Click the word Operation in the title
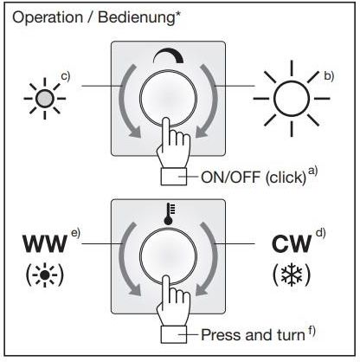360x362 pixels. [x=48, y=18]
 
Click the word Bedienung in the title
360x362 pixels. [x=137, y=18]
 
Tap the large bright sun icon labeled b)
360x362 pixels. [x=292, y=99]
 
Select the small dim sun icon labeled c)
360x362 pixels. [x=45, y=99]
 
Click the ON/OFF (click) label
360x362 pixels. [x=254, y=177]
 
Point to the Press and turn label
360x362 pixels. [x=253, y=335]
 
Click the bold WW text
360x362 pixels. [x=45, y=244]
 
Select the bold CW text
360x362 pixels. [x=292, y=244]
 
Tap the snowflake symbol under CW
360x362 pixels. [x=292, y=275]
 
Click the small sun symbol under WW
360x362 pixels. [x=45, y=275]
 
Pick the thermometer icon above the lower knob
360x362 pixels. [x=170, y=214]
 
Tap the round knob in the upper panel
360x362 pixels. [x=168, y=99]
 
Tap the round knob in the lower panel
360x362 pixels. [x=168, y=256]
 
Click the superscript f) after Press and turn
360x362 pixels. [x=312, y=331]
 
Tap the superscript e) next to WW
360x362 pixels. [x=75, y=233]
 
